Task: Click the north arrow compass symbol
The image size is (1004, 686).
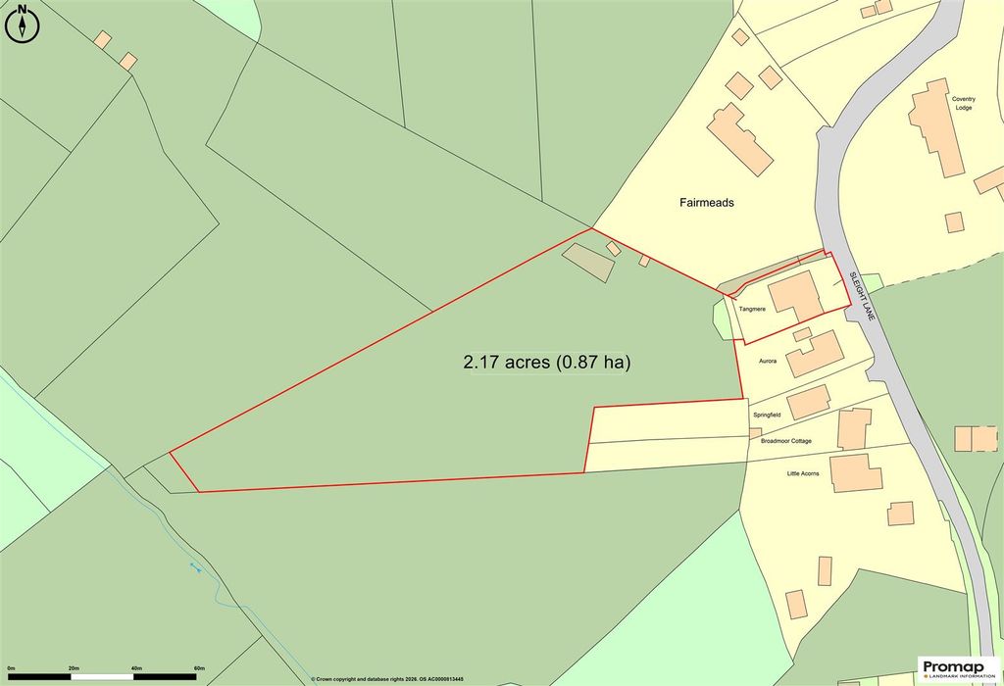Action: [x=22, y=24]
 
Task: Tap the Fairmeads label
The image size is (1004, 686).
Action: [x=707, y=203]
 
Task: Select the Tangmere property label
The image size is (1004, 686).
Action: [x=752, y=310]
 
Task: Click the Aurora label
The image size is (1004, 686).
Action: [x=768, y=362]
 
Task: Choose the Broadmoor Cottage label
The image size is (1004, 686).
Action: [x=786, y=441]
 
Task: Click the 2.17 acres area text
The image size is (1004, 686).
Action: [x=546, y=363]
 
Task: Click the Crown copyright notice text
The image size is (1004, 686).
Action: [x=386, y=678]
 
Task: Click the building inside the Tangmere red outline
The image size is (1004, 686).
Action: [x=796, y=297]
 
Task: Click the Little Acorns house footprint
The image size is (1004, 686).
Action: [x=850, y=473]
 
